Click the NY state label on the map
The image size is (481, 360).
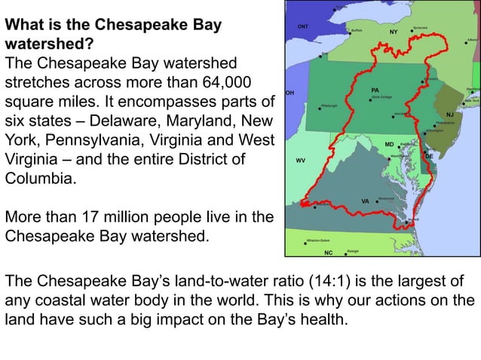(x=393, y=33)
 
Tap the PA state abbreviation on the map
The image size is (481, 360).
(x=375, y=90)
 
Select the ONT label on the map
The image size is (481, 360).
(x=302, y=26)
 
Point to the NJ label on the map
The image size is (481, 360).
(x=450, y=114)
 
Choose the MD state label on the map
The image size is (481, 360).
(x=389, y=143)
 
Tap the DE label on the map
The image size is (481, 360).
(x=429, y=156)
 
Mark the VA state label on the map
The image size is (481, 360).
(x=366, y=201)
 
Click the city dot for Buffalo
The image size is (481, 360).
(x=348, y=34)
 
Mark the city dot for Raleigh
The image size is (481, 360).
(x=344, y=252)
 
